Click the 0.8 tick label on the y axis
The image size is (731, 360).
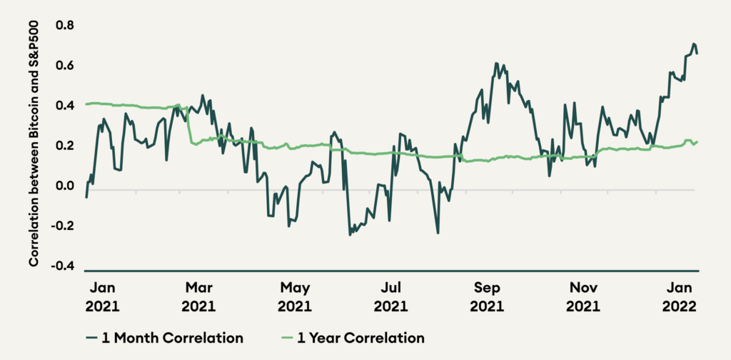(x=64, y=26)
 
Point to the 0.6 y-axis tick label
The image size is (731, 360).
(x=64, y=66)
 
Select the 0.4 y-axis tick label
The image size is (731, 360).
(x=64, y=106)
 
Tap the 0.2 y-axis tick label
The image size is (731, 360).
(x=64, y=146)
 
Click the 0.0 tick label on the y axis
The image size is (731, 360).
(x=64, y=186)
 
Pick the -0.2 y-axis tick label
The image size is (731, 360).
(x=63, y=226)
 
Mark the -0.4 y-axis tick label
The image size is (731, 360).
(x=63, y=266)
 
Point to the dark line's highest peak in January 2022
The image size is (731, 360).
(x=693, y=44)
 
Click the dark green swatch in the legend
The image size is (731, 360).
(x=91, y=338)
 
